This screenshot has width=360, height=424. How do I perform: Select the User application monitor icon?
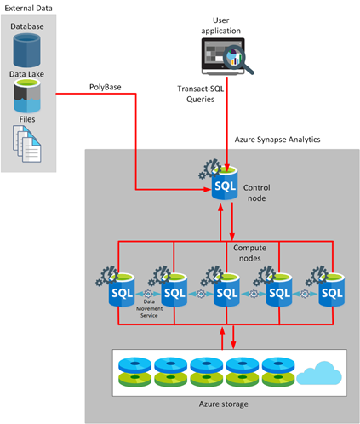tap(224, 60)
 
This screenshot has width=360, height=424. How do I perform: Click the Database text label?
tap(27, 26)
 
